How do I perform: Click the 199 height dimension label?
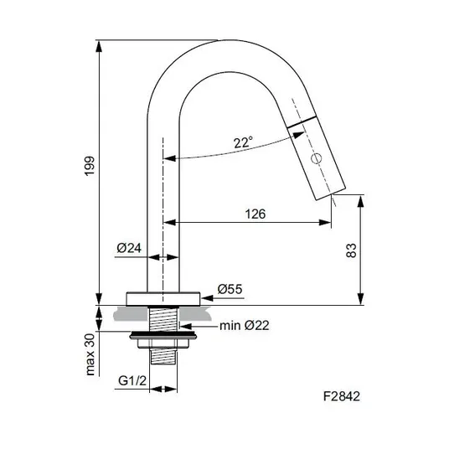tap(90, 166)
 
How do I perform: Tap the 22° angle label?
tap(244, 142)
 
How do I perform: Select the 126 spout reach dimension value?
tap(255, 214)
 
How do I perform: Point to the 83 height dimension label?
tap(351, 250)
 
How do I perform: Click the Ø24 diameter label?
tap(129, 248)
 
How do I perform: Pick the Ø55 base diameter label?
tap(230, 289)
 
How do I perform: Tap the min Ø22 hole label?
tap(245, 326)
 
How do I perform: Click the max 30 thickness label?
tap(90, 354)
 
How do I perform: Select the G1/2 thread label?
tap(132, 381)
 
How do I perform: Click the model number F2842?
tap(342, 396)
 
